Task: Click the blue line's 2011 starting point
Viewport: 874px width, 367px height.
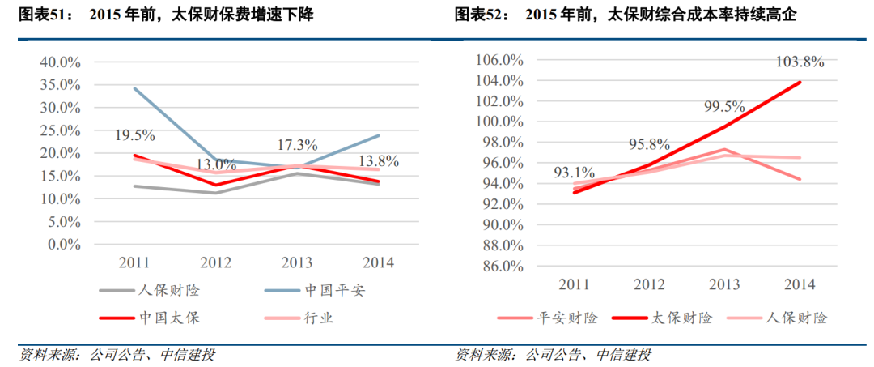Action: pyautogui.click(x=134, y=88)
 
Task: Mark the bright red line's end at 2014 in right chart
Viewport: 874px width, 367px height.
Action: pyautogui.click(x=801, y=82)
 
